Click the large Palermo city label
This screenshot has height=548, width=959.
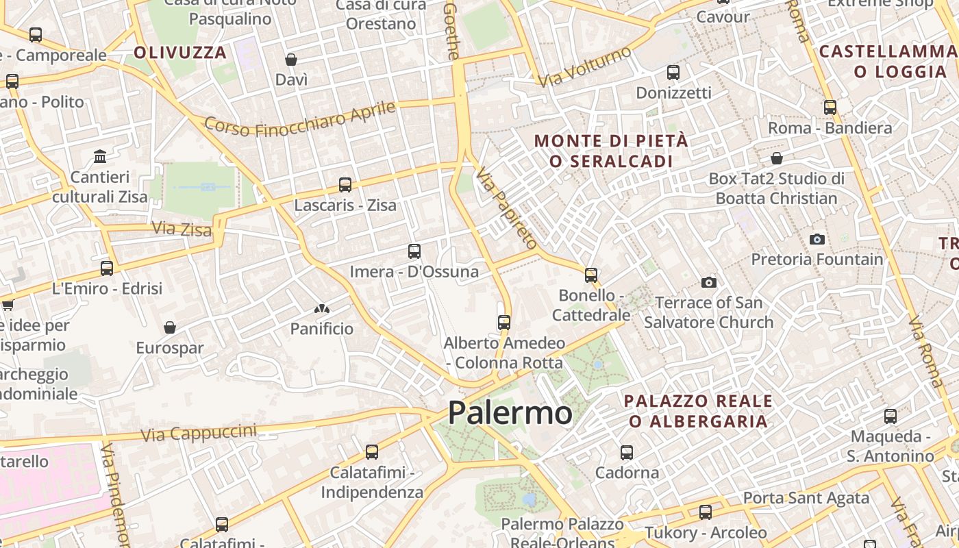[x=510, y=413]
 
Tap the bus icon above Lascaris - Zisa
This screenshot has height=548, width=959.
[x=345, y=185]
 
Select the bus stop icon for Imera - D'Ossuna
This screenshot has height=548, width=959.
[x=414, y=251]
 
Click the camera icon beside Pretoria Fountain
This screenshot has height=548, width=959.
[x=817, y=239]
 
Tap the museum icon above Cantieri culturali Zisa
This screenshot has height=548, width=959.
[x=101, y=157]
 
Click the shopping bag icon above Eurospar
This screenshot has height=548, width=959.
[x=170, y=327]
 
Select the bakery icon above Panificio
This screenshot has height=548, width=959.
[x=322, y=309]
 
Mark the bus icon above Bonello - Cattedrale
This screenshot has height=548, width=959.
[x=591, y=275]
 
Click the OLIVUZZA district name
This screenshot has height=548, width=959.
[x=180, y=53]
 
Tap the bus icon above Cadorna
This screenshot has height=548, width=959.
[x=627, y=453]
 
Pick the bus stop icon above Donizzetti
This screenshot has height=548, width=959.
[x=673, y=73]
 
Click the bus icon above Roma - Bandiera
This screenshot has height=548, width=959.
[x=830, y=108]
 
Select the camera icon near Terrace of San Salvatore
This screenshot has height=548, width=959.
[x=709, y=282]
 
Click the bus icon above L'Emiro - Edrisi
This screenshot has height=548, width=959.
[x=107, y=269]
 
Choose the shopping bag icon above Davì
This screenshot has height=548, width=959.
[x=291, y=60]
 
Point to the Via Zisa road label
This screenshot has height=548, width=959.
[x=182, y=229]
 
